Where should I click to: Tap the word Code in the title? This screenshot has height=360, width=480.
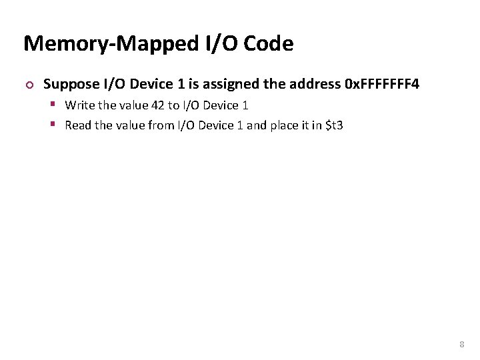[269, 44]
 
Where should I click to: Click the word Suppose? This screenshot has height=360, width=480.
[71, 84]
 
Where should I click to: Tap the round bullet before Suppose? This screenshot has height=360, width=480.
[28, 85]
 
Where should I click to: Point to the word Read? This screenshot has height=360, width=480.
[77, 125]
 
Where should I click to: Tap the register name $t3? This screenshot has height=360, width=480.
[333, 125]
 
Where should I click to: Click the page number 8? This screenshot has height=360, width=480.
[461, 345]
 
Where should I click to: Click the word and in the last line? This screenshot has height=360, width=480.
[256, 125]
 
